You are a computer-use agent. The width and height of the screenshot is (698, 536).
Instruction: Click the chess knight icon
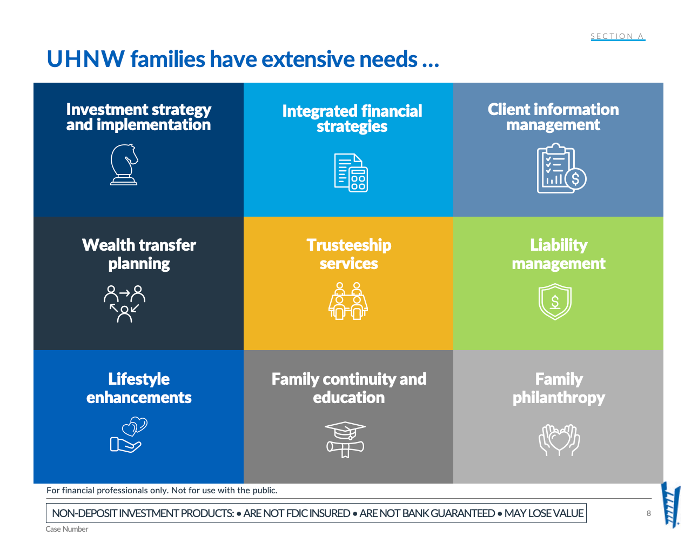124,164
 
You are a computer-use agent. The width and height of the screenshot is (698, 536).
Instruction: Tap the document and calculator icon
351,173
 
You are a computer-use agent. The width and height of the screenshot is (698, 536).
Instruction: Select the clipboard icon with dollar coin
561,168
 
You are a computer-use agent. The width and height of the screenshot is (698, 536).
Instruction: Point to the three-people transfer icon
124,304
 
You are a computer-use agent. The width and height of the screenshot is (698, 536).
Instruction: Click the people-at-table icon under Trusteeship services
348,301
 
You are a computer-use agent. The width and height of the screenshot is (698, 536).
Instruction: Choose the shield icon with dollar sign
555,301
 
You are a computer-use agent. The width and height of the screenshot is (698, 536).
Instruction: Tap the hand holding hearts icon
129,434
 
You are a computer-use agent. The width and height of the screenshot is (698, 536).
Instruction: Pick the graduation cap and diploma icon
345,439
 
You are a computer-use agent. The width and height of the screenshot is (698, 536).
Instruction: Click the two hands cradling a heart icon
559,440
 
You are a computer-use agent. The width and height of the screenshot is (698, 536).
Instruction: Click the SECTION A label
618,36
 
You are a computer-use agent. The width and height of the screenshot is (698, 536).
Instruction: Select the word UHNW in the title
85,59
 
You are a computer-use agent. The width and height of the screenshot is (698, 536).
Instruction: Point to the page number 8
648,513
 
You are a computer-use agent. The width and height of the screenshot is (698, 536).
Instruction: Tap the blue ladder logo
671,505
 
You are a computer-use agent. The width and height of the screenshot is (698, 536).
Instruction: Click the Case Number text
67,529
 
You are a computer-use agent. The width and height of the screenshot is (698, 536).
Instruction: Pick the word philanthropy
559,398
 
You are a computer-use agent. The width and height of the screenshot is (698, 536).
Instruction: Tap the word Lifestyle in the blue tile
139,379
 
